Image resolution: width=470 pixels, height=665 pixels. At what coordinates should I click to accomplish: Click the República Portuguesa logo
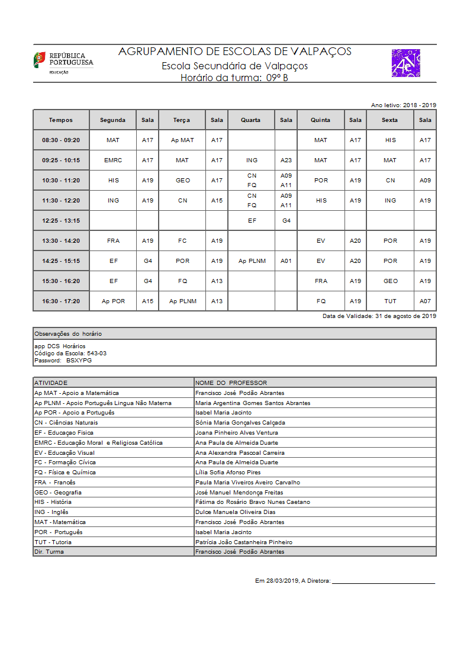(x=63, y=62)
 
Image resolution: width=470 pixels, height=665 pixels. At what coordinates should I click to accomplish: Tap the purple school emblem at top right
(x=406, y=63)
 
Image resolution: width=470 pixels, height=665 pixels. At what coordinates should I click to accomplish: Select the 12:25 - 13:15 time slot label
(x=61, y=221)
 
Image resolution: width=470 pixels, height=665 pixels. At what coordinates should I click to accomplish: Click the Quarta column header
(x=250, y=120)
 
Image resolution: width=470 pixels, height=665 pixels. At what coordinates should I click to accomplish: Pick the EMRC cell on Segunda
(x=113, y=160)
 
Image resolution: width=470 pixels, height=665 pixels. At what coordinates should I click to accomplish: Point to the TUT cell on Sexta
(x=390, y=301)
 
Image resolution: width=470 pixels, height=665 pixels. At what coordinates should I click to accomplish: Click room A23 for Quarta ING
(x=286, y=160)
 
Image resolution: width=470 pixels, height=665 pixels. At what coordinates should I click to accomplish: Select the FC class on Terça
(x=182, y=241)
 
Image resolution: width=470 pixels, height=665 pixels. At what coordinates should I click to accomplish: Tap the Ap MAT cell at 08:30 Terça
(x=182, y=140)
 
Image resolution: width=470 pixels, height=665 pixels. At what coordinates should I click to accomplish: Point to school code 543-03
(x=96, y=353)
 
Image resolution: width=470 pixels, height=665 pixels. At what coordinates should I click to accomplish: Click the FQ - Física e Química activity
(x=65, y=473)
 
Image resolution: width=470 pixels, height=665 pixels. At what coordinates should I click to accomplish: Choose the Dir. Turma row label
(x=49, y=552)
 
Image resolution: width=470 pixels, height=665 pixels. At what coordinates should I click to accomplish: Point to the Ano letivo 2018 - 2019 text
(x=404, y=105)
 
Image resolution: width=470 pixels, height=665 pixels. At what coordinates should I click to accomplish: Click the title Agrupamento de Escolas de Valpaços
(x=235, y=52)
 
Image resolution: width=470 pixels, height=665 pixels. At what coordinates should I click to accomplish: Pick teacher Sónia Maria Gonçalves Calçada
(x=240, y=423)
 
